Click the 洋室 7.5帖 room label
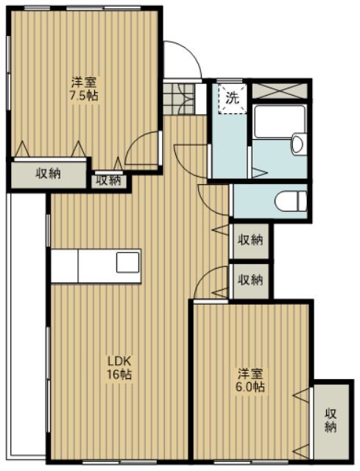[84, 89]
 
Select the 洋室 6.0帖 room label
[250, 380]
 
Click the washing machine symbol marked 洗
[233, 99]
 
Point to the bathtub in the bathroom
[279, 121]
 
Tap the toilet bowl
[291, 201]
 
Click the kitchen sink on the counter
[128, 262]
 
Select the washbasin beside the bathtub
[298, 144]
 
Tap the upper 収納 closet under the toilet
[250, 241]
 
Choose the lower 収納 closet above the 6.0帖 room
[250, 281]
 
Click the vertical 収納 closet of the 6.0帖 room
[331, 421]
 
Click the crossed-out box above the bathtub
[280, 91]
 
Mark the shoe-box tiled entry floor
[178, 99]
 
